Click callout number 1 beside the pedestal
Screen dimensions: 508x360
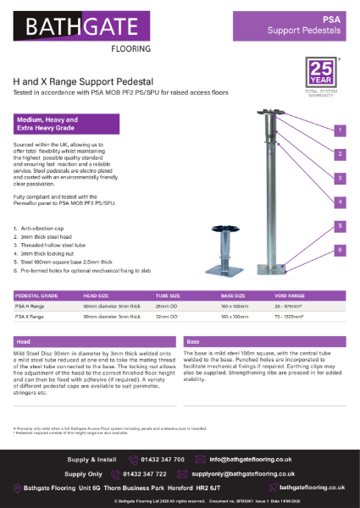coord(338,130)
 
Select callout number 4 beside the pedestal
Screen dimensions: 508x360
coord(338,202)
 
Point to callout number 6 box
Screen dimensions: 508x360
coord(338,250)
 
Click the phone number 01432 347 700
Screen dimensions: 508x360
coord(165,458)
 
